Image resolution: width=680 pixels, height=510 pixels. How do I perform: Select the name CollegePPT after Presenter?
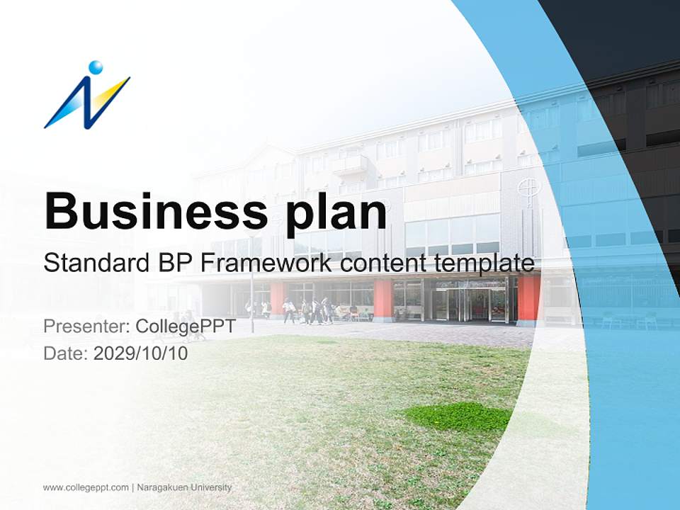pos(185,327)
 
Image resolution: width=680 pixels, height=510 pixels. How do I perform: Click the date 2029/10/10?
pos(140,353)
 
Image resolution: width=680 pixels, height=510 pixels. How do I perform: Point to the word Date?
pos(64,353)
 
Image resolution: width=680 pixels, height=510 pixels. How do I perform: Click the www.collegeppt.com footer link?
pos(86,487)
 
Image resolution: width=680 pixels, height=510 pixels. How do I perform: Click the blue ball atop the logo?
pos(96,67)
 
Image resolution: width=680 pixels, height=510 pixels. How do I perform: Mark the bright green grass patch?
pos(457,416)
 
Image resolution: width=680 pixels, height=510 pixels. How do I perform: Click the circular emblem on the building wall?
pos(526,188)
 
